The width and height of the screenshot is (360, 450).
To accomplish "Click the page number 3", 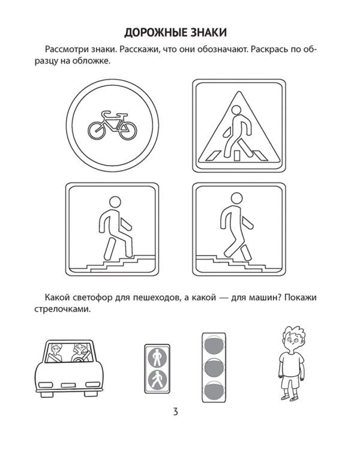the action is (176, 412).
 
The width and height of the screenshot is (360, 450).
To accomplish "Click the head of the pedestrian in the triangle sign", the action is (236, 110).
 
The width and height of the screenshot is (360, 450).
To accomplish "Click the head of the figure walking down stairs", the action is (237, 199).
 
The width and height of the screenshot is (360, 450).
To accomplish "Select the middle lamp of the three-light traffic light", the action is (214, 369).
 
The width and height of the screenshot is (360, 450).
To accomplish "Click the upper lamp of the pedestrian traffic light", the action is (157, 358).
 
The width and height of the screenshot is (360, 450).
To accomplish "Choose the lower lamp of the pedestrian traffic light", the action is (157, 380).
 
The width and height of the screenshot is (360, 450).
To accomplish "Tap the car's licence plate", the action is (68, 385).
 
